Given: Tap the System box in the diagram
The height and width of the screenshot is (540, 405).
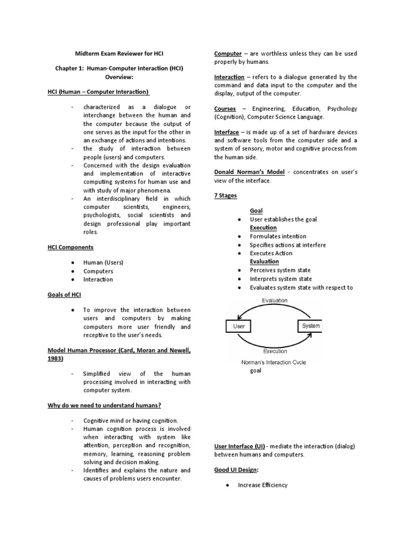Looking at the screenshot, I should tap(311, 326).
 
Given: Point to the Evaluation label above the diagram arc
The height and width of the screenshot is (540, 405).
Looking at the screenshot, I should tap(275, 300).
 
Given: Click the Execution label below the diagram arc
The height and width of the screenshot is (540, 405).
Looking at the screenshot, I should tap(275, 351).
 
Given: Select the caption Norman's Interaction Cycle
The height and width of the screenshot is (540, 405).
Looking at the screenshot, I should tap(274, 362).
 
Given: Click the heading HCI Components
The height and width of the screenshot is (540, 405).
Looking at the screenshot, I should tap(70, 247).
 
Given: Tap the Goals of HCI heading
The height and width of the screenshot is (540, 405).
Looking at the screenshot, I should tap(64, 294).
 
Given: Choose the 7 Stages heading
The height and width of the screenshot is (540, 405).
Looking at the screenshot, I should tap(226, 195).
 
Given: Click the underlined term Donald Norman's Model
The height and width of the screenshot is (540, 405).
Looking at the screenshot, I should tap(249, 172).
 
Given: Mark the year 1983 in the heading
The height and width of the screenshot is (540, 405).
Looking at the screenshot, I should tap(54, 359).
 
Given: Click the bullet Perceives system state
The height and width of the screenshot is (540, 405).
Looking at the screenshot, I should tap(281, 270).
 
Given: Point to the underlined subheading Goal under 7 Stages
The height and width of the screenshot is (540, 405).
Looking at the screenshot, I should tap(256, 210).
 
